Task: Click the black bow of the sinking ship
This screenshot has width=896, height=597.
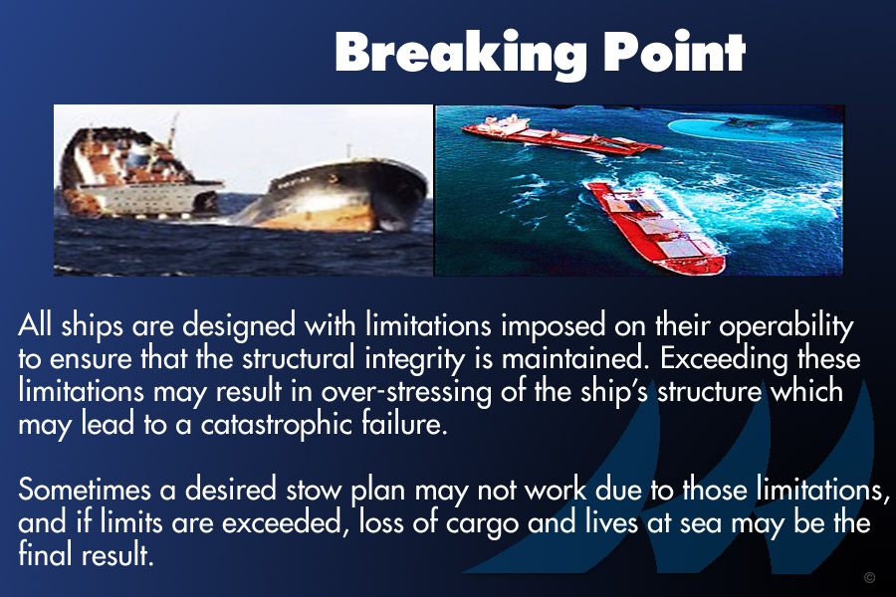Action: coord(337,195)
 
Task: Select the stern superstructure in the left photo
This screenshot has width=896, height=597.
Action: coord(137,171)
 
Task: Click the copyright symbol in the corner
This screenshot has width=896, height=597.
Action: coord(869,577)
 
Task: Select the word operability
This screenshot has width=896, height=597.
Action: coord(785,326)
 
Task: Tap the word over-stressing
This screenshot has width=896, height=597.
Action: coord(405,392)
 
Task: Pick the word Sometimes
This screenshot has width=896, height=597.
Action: coord(86,490)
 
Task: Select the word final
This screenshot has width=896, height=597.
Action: coord(45,555)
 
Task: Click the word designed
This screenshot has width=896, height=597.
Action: coord(239,326)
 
